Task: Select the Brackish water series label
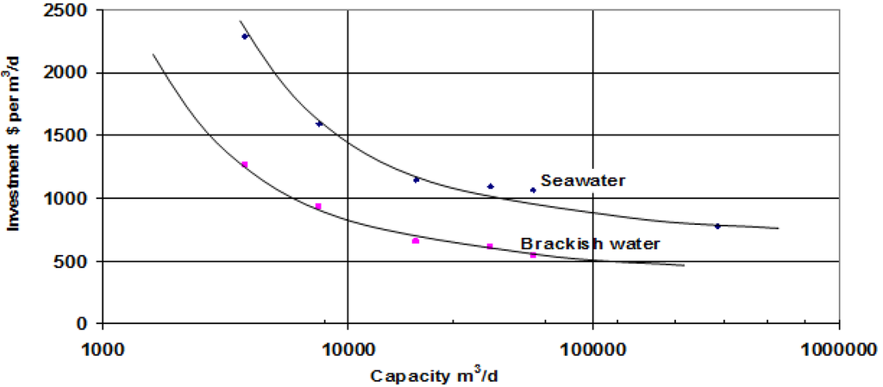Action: [591, 244]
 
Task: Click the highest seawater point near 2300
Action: [245, 36]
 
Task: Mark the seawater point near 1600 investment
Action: [319, 124]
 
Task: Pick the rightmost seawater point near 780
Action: [717, 226]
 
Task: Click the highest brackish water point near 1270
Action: [245, 165]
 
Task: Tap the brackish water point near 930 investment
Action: [318, 206]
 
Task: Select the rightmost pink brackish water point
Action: [533, 255]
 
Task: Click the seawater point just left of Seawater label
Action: [533, 190]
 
